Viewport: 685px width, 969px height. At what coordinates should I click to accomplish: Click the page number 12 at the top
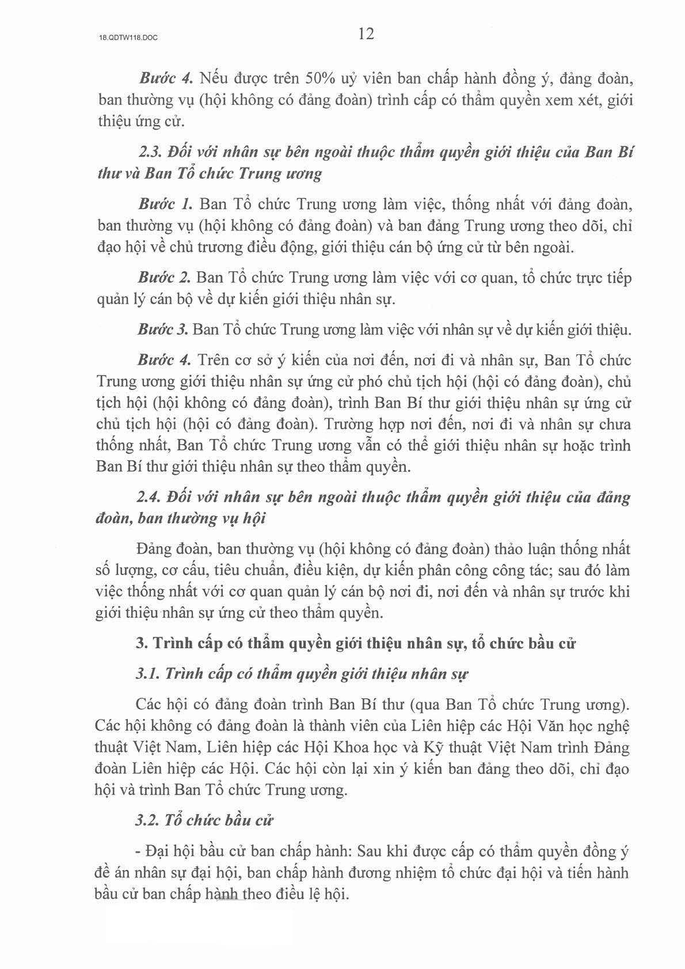pyautogui.click(x=366, y=34)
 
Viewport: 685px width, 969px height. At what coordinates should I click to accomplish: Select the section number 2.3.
pyautogui.click(x=151, y=153)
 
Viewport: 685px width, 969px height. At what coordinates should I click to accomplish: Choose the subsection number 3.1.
pyautogui.click(x=148, y=673)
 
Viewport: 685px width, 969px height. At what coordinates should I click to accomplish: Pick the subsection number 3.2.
pyautogui.click(x=148, y=820)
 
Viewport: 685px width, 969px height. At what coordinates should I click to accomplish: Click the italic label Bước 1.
pyautogui.click(x=164, y=205)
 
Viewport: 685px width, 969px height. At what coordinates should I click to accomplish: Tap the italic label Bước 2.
pyautogui.click(x=164, y=278)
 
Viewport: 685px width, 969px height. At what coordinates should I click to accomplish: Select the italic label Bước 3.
pyautogui.click(x=163, y=330)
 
